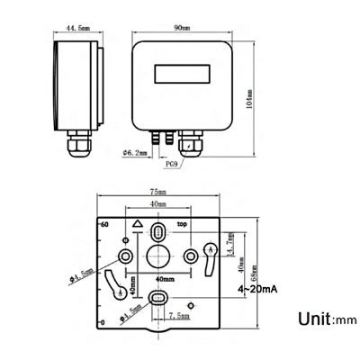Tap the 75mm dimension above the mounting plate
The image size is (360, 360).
(157, 193)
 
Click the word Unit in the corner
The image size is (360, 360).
(312, 319)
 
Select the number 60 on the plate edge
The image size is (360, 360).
(104, 224)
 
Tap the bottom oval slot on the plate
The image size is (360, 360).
(157, 298)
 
